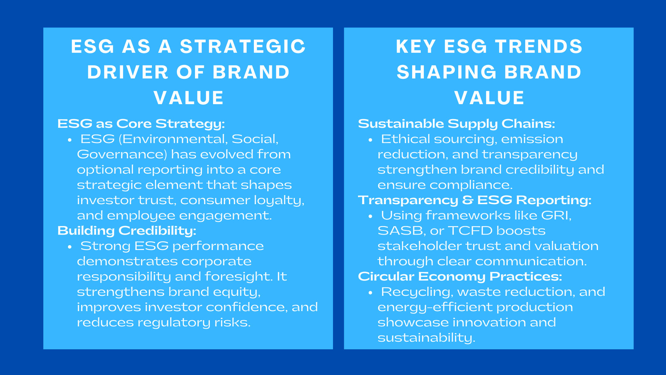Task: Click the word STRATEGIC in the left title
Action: [243, 47]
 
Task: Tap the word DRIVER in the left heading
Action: [128, 72]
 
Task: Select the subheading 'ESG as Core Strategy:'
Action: [141, 124]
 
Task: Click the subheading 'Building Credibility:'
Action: [127, 230]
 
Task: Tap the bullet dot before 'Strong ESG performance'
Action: [70, 247]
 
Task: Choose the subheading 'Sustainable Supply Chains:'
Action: [457, 124]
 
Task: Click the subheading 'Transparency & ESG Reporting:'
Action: [475, 200]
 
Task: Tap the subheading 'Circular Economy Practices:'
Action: [460, 276]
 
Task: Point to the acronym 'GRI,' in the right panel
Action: [556, 215]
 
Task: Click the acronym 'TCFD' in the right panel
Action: [470, 230]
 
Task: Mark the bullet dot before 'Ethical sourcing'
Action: [370, 140]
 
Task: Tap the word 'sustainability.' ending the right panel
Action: [426, 337]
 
